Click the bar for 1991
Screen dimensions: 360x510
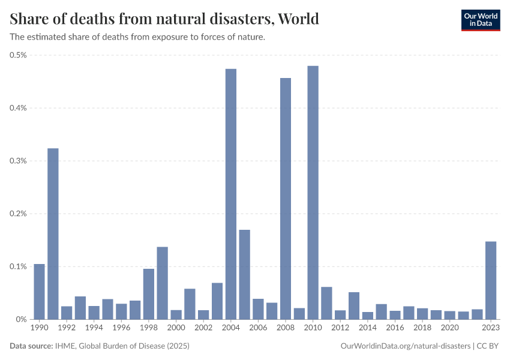click(53, 234)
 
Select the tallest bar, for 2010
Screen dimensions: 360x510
click(313, 193)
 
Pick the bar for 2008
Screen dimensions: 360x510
click(286, 199)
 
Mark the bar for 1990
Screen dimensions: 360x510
click(39, 292)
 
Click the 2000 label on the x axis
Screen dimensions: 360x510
click(176, 328)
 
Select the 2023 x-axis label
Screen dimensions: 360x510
click(491, 328)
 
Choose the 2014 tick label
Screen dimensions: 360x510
click(367, 328)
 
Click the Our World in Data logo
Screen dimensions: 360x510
click(480, 20)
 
